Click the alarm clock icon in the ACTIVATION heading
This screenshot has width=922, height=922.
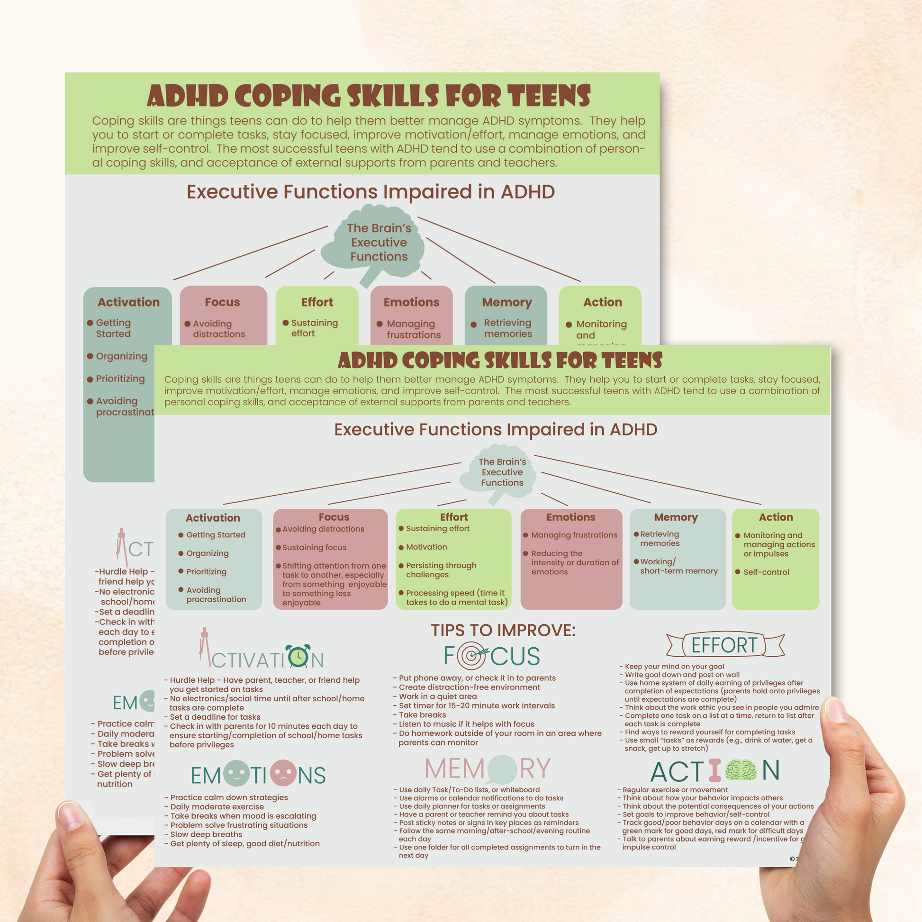pos(298,656)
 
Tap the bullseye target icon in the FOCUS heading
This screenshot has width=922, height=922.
pos(472,656)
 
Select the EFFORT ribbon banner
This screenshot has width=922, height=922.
pos(724,645)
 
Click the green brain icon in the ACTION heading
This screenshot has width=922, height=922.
pos(741,770)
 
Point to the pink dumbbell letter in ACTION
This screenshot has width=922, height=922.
pos(715,770)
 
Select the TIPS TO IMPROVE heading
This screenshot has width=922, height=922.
pos(504,631)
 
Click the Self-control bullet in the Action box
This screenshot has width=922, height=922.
pos(766,572)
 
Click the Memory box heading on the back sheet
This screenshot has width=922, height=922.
pos(506,302)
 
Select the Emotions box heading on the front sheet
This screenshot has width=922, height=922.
pos(571,517)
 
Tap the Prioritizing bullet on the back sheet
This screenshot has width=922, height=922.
pos(120,379)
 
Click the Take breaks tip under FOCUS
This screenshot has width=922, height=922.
pos(422,715)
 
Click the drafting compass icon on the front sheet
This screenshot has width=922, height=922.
pos(205,647)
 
